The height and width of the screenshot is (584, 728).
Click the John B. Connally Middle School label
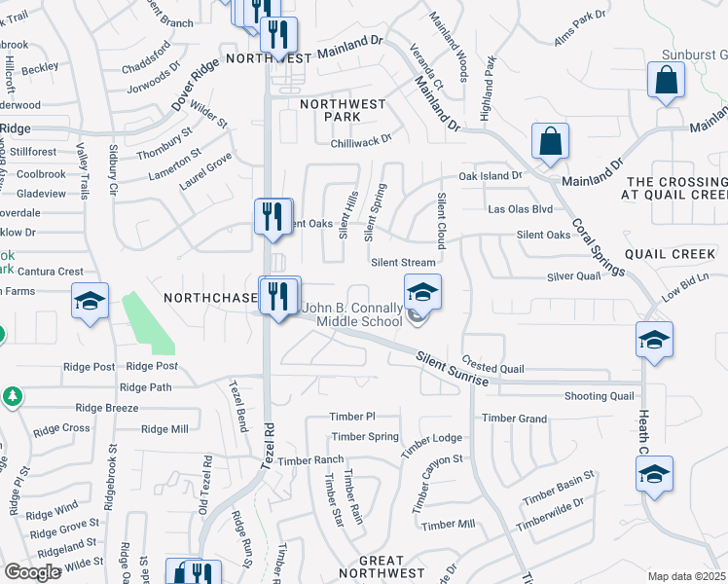[x=351, y=314]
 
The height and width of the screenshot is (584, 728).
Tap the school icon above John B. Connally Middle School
[x=422, y=292]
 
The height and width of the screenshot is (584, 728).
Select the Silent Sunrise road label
[x=453, y=369]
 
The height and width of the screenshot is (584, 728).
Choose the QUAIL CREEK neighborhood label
[x=670, y=254]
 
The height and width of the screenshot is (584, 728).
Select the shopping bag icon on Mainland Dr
[x=551, y=142]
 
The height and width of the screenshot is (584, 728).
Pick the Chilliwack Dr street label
[x=360, y=139]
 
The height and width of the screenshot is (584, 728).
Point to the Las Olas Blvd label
[x=520, y=209]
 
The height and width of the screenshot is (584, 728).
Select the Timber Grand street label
[x=514, y=419]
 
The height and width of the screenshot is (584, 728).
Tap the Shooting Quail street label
[x=600, y=396]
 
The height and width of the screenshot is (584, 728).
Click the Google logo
[x=33, y=572]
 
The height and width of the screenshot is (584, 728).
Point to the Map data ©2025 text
[x=685, y=576]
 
